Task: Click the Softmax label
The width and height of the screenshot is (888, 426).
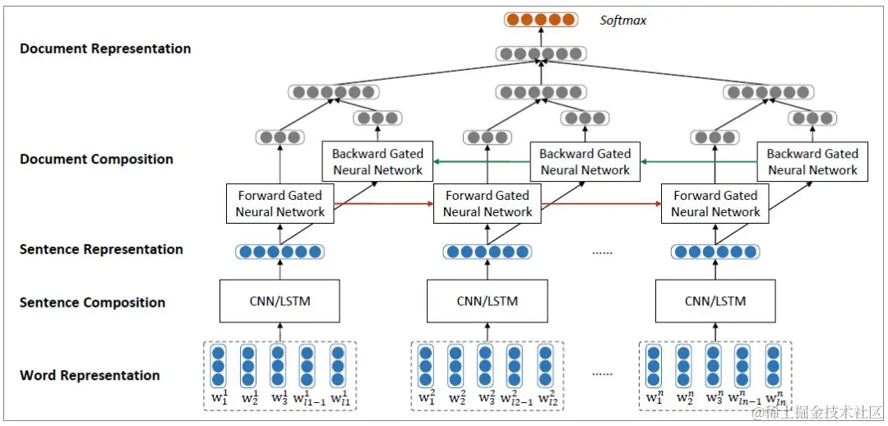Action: point(623,21)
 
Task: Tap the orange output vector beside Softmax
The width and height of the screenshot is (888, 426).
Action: point(541,21)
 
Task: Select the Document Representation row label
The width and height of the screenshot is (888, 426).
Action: point(105,49)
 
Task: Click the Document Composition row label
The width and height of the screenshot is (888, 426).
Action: point(97,160)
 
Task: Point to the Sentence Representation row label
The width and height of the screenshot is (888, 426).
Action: point(101,250)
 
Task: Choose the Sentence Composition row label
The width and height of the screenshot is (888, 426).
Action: point(93,303)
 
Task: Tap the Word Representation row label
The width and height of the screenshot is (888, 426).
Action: point(90,376)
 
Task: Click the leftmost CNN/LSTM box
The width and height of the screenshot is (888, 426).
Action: point(280,301)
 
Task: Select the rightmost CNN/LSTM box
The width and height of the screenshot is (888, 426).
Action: point(715,301)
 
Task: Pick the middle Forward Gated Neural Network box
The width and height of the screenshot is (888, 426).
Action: point(487,203)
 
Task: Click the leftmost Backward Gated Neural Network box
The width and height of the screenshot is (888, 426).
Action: point(377,161)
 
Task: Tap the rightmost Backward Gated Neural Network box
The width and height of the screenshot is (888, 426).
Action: point(812,161)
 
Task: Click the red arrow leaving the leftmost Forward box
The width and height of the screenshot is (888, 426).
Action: point(384,203)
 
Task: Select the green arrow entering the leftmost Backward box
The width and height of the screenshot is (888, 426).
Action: point(482,161)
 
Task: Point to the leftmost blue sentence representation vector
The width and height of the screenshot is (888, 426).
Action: point(280,252)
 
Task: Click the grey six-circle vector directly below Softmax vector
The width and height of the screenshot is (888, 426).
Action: point(541,54)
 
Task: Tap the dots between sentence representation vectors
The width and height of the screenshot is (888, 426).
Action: point(602,253)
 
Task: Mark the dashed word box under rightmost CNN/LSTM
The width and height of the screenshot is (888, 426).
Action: point(715,376)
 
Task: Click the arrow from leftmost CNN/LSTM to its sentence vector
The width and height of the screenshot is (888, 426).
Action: point(280,270)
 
